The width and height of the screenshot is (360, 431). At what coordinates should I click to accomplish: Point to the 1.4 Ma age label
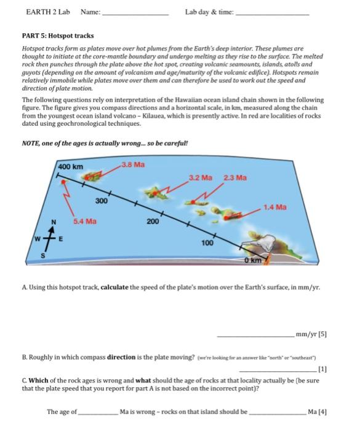[275, 207]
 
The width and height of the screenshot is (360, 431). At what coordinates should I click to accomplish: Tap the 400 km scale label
[70, 166]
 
